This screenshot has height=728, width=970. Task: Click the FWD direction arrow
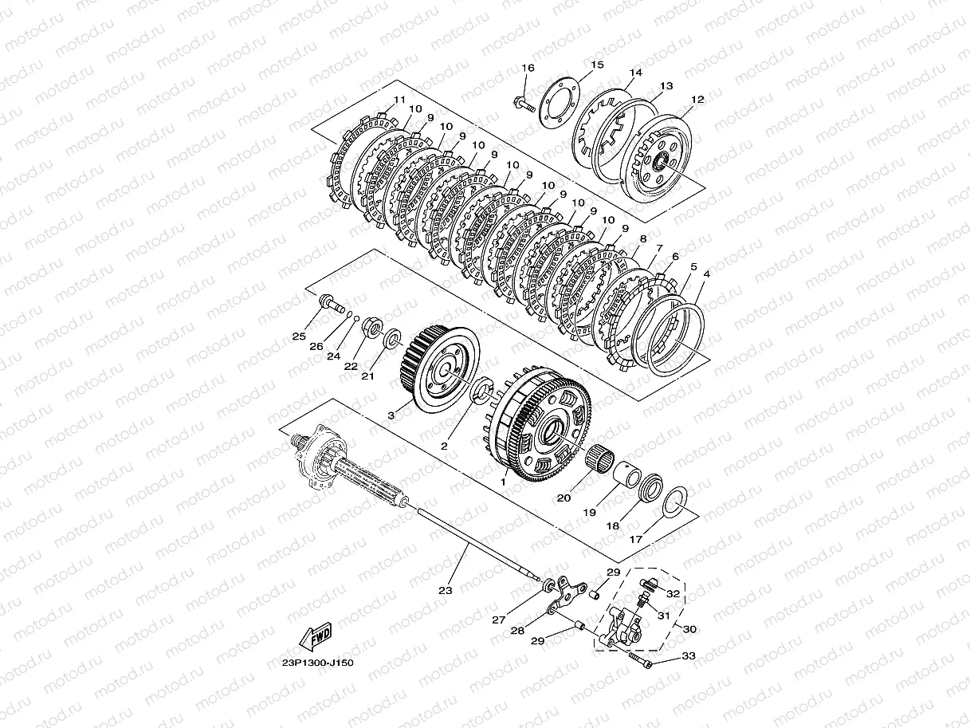pos(316,636)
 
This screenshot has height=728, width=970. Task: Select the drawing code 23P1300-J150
pos(317,663)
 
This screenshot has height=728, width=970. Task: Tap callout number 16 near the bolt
pos(528,68)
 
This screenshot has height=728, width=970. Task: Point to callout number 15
pos(597,65)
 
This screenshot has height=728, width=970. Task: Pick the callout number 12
pos(697,100)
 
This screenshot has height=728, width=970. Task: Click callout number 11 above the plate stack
pos(399,100)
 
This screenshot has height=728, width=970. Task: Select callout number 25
pos(299,336)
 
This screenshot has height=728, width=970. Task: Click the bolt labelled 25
pos(332,303)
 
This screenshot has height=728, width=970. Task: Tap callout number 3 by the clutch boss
pos(391,415)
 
